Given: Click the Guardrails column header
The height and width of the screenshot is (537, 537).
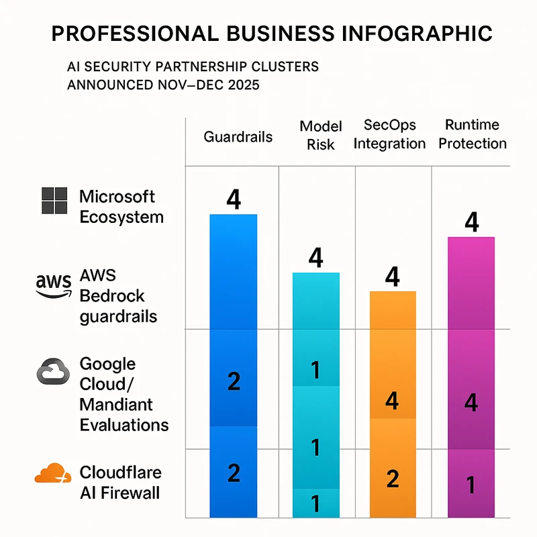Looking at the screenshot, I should click(x=238, y=137).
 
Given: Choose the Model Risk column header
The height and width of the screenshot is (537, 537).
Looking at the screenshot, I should click(x=320, y=136).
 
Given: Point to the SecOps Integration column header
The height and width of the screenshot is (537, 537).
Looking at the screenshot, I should click(x=389, y=134).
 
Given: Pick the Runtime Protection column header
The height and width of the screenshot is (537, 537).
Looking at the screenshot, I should click(x=472, y=134).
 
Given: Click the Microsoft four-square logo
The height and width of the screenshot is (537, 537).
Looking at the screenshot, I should click(x=54, y=201).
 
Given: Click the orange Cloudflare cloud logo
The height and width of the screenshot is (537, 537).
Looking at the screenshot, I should click(x=52, y=474).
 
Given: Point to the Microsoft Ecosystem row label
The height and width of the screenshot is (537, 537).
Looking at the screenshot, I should click(x=121, y=207).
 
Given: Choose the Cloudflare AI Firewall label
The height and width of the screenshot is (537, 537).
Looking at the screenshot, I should click(x=121, y=482).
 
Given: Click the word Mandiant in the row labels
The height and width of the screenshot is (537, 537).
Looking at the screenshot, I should click(x=116, y=404).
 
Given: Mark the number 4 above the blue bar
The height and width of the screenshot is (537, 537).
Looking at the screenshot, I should click(x=234, y=200).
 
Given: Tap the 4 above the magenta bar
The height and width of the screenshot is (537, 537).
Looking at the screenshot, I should click(x=471, y=222).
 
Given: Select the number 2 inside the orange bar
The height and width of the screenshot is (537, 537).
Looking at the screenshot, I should click(x=393, y=479).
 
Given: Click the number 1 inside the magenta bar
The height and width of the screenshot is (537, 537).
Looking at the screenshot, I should click(x=471, y=484).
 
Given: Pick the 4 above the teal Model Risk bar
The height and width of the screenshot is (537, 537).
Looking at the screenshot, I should click(x=315, y=258).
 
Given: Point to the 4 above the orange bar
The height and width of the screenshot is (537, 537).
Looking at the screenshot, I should click(x=393, y=277).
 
